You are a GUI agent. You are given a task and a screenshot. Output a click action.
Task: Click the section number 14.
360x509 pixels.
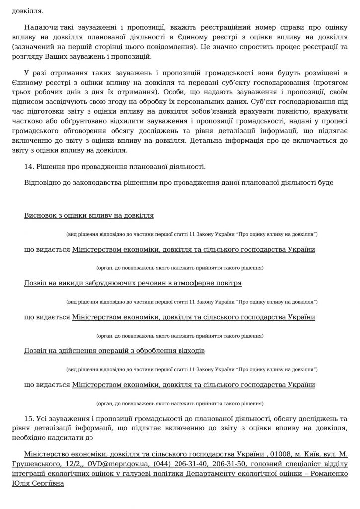pos(28,166)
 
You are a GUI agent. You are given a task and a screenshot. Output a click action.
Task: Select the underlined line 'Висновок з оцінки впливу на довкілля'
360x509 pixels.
pos(89,215)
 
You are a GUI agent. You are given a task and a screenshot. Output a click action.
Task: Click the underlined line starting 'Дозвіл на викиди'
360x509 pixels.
pos(133,283)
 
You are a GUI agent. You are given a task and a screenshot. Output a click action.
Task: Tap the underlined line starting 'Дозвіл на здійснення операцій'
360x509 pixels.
pos(114,351)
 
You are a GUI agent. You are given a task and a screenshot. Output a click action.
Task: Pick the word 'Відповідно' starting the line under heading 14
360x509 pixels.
pos(44,182)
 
